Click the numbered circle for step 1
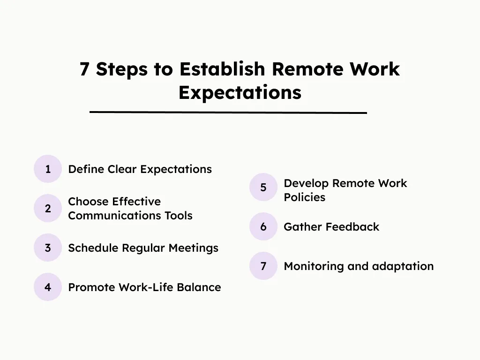48,169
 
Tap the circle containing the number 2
48,208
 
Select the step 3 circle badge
48,247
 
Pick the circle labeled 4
48,287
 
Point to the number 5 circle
263,187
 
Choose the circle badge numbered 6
263,227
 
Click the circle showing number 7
263,266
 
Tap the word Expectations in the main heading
240,93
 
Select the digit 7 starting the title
84,69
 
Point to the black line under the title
228,112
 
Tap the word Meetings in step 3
194,248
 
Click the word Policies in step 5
304,197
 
